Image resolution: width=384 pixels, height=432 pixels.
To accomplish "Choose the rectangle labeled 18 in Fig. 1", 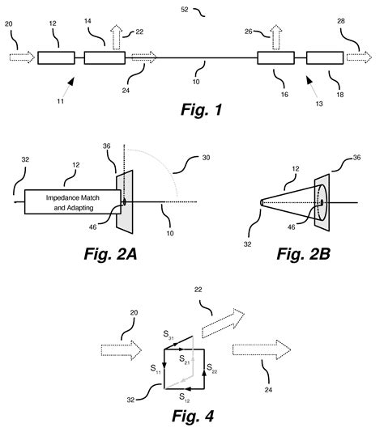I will pos(325,58).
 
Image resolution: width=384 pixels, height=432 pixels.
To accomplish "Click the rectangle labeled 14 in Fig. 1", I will pos(105,58).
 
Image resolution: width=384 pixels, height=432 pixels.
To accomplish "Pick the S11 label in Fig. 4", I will pos(155,368).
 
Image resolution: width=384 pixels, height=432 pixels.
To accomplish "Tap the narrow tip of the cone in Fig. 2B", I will pos(262,201).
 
